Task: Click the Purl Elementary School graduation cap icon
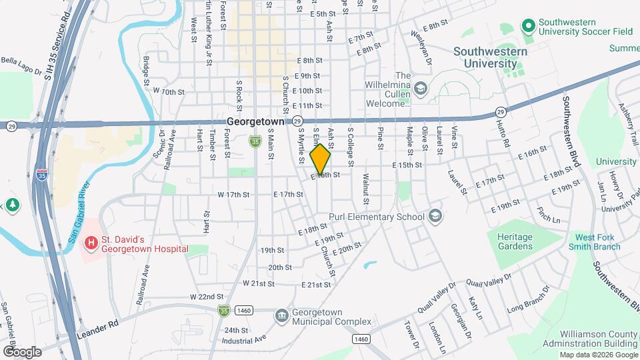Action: tap(435, 216)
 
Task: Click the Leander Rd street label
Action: tap(97, 325)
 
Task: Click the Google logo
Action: tap(22, 351)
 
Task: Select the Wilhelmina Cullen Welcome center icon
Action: tap(421, 88)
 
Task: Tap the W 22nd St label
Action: tap(206, 297)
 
